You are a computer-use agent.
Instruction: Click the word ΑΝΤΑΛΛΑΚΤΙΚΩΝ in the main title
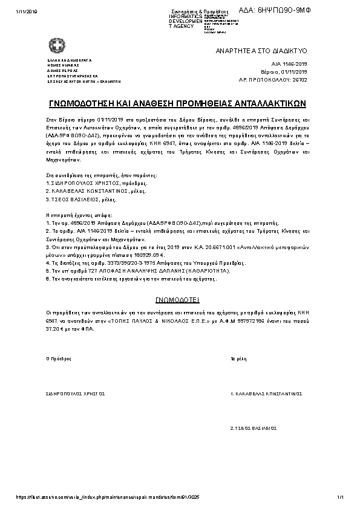pos(274,103)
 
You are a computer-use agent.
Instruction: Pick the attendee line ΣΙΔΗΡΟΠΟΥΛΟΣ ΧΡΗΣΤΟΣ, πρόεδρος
pos(97,183)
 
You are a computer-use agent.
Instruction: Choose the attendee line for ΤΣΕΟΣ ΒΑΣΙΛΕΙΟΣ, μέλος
pos(82,199)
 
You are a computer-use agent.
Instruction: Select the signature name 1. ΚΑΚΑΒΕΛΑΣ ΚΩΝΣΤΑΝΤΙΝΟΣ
pos(266,393)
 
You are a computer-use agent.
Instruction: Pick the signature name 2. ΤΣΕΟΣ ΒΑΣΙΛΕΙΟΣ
pos(254,427)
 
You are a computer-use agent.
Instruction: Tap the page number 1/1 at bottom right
pos(341,497)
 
